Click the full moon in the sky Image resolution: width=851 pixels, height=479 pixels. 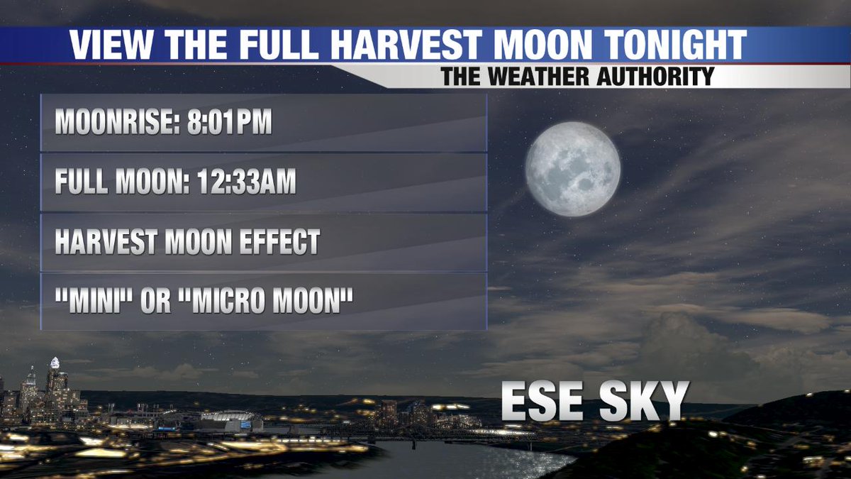click(573, 169)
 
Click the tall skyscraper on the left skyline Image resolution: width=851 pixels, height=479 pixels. click(55, 383)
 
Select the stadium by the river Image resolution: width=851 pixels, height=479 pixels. click(227, 420)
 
